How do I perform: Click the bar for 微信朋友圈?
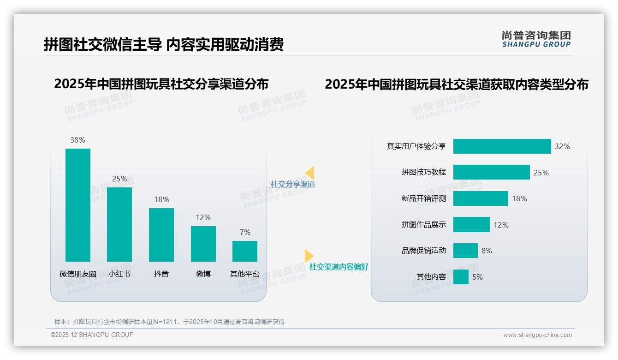point(78,205)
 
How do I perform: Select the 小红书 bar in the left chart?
point(119,224)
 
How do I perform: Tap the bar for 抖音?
point(161,234)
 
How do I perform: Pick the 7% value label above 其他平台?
point(245,232)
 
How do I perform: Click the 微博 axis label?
point(203,274)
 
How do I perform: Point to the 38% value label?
point(78,140)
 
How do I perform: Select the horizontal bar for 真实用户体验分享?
point(502,146)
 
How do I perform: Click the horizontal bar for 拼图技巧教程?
point(491,172)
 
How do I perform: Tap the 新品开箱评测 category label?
point(423,198)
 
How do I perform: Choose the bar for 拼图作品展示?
point(471,225)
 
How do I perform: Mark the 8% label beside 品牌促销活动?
point(487,251)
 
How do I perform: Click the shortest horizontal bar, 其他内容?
point(461,277)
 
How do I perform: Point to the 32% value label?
point(562,146)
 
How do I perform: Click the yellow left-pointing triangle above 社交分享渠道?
point(310,173)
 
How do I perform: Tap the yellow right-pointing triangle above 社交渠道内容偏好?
point(309,256)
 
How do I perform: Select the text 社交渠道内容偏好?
point(339,267)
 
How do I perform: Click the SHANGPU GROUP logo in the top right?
point(536,39)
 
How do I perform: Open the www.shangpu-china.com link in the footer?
point(537,335)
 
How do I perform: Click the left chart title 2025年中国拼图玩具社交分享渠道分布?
point(161,84)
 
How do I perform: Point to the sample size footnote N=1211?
point(169,322)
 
